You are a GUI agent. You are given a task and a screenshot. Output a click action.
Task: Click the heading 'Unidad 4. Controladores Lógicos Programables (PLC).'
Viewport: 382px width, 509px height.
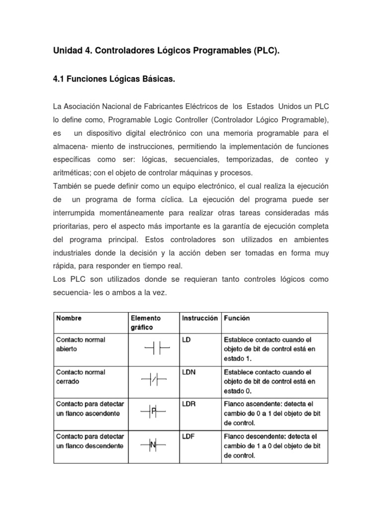(x=166, y=51)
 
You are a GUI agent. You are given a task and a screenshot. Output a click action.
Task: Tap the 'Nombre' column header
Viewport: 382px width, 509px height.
(x=69, y=318)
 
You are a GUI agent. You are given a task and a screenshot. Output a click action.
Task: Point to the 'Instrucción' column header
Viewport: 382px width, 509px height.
(x=199, y=318)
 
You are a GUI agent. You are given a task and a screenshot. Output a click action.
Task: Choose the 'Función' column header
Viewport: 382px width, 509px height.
(x=237, y=318)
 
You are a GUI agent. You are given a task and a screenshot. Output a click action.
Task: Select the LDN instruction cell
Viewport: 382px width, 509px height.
(x=190, y=372)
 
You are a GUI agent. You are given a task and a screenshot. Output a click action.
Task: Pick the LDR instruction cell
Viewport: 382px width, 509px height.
(x=190, y=404)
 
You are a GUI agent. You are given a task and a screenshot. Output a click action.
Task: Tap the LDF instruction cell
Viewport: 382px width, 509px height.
(x=189, y=436)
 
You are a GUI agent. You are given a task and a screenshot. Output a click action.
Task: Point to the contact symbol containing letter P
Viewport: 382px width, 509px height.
(x=154, y=412)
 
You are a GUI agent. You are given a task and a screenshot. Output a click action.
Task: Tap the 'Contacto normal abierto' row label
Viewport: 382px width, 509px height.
(x=80, y=344)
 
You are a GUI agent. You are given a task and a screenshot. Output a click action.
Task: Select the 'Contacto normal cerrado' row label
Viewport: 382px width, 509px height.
(x=80, y=376)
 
